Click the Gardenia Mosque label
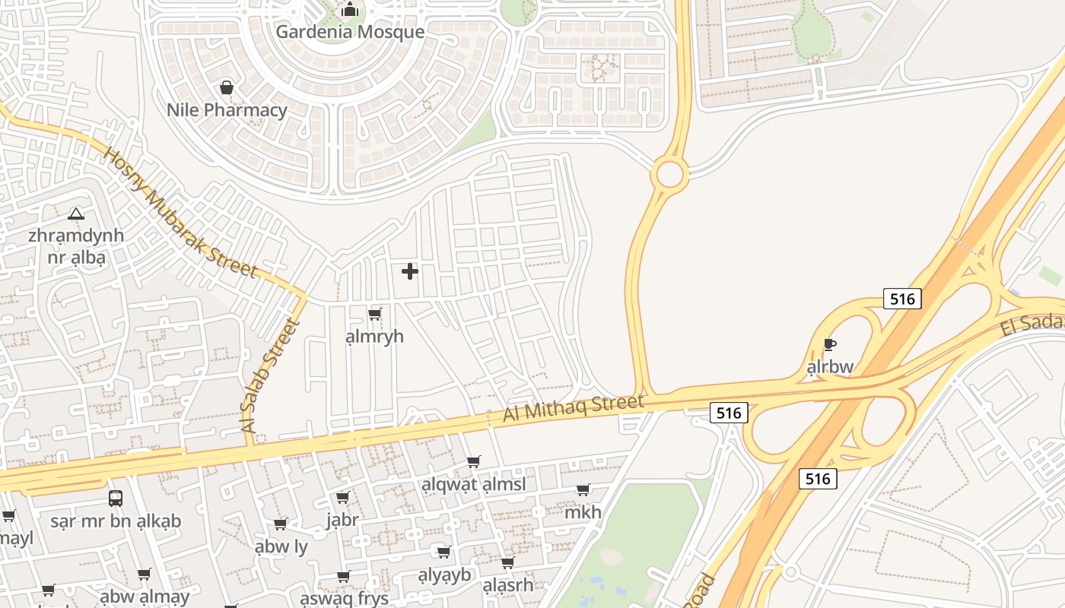(x=349, y=32)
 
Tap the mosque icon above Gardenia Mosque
(x=349, y=10)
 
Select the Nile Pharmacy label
(x=227, y=110)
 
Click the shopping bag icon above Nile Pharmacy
(x=227, y=88)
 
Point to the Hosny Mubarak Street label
(x=180, y=213)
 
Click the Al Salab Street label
(x=269, y=376)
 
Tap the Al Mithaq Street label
(x=574, y=408)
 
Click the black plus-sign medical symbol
(x=410, y=271)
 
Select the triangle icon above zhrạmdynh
(x=75, y=214)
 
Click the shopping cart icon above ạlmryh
(x=374, y=314)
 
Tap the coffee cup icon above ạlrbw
(x=830, y=345)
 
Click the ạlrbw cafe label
(x=830, y=367)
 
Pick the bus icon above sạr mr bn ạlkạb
(x=116, y=499)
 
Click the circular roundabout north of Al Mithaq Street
(x=669, y=174)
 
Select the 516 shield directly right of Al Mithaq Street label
(x=729, y=413)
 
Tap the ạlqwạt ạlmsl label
(x=473, y=484)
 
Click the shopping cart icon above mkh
(x=583, y=490)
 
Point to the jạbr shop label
(x=342, y=520)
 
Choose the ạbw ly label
(x=281, y=546)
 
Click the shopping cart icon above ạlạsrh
(x=507, y=563)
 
